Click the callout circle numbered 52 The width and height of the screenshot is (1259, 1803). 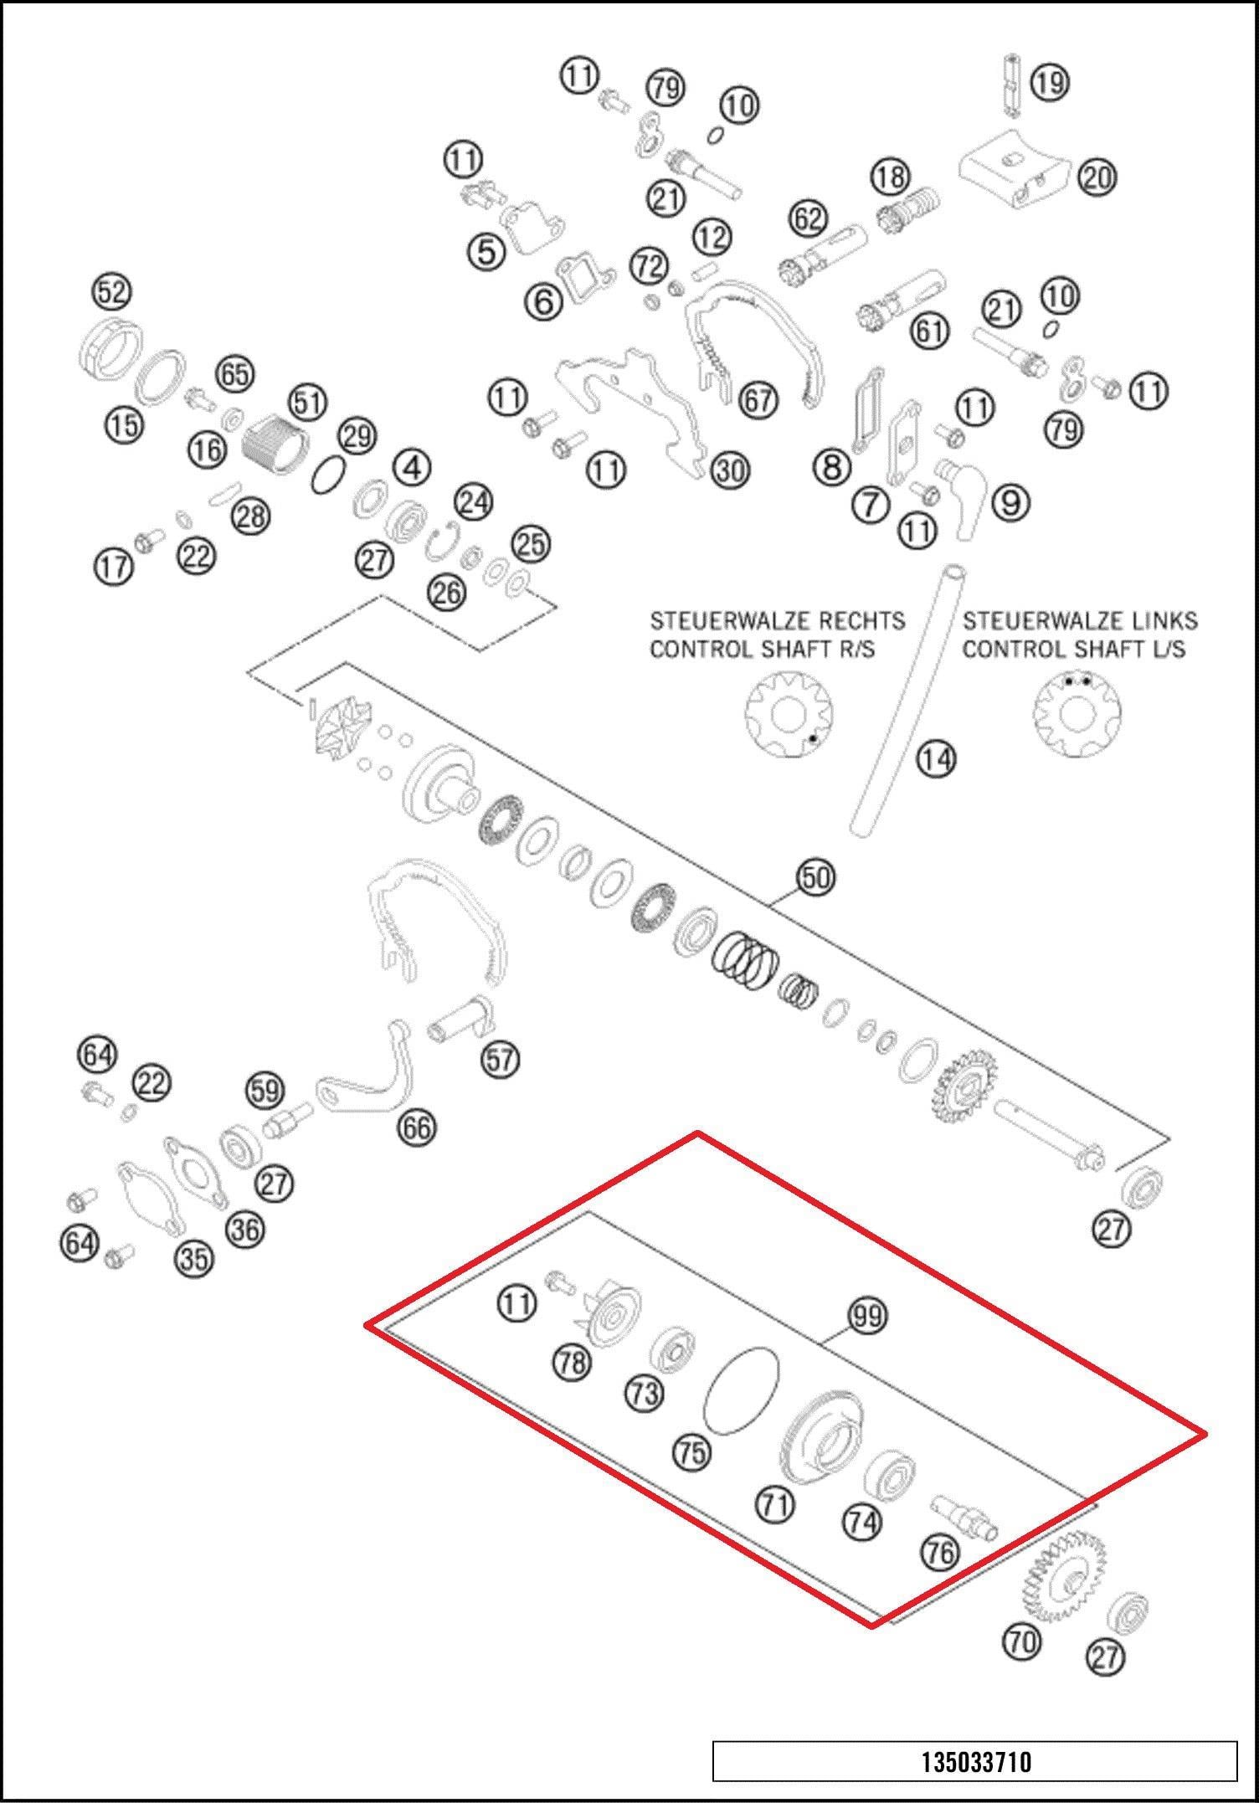(x=111, y=292)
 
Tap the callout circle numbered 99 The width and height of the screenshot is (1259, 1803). (x=868, y=1316)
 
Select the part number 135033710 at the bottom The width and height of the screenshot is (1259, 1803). (x=976, y=1761)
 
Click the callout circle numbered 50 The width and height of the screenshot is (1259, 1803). (x=816, y=877)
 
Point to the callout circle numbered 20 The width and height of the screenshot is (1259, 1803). (x=1097, y=177)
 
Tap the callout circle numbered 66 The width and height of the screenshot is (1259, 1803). (x=417, y=1128)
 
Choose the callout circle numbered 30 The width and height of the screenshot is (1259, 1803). (x=730, y=470)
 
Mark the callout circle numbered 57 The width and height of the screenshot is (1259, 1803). (x=500, y=1059)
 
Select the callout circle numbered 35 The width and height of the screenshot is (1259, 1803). (x=193, y=1257)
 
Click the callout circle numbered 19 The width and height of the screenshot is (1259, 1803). (x=1050, y=82)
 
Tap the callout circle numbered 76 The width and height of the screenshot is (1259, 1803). (x=939, y=1552)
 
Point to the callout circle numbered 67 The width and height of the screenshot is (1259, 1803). (x=758, y=400)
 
